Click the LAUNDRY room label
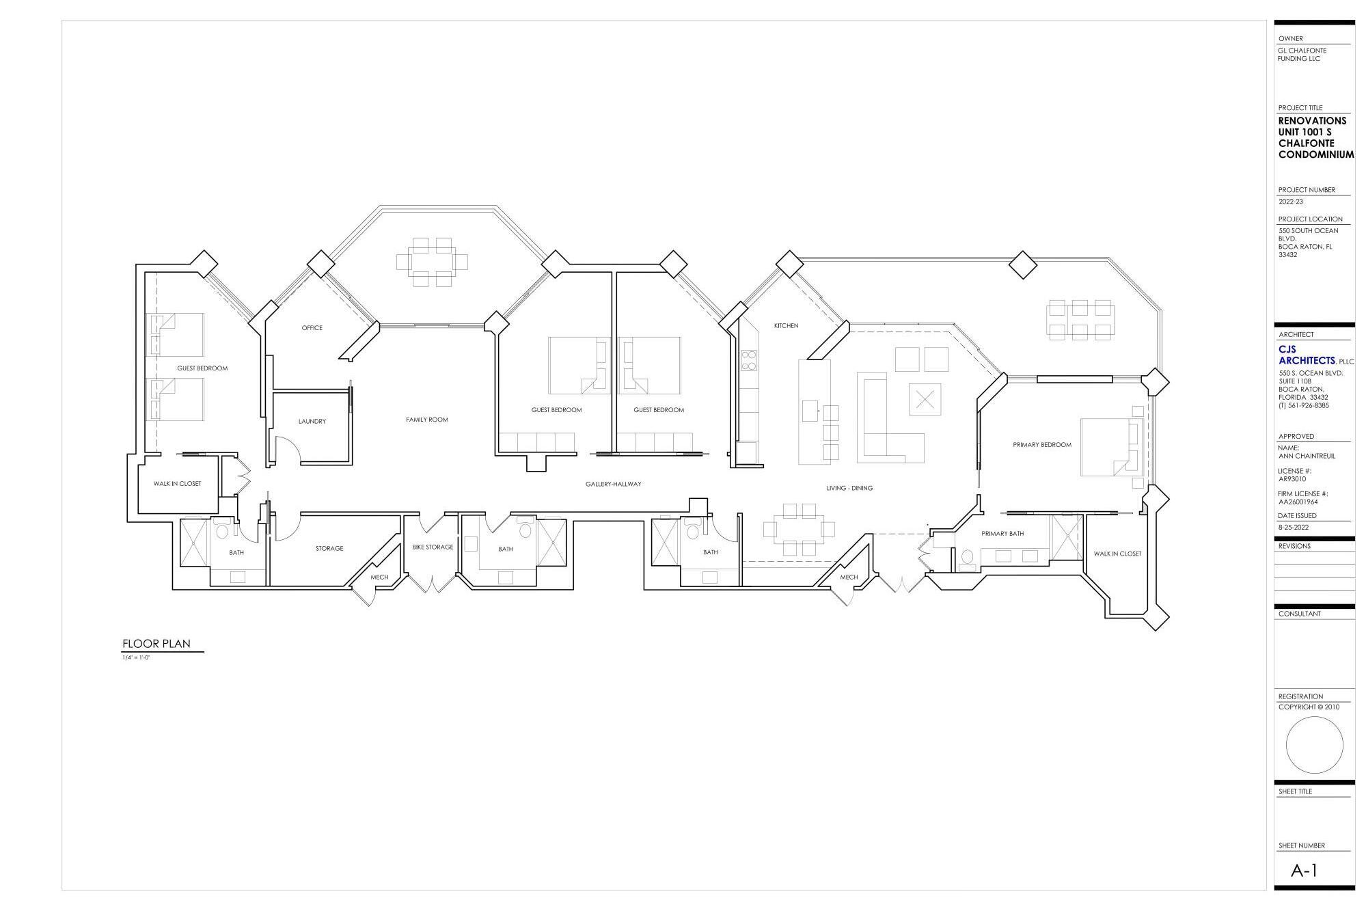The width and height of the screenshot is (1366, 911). (x=312, y=422)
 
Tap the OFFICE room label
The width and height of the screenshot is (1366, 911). (x=312, y=328)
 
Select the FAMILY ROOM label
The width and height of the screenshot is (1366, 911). (x=426, y=420)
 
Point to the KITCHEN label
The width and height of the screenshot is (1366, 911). (x=786, y=326)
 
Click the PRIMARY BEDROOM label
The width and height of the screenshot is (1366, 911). (x=1041, y=445)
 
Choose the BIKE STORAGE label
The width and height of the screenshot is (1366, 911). (x=433, y=547)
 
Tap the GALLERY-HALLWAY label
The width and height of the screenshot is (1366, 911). (x=613, y=485)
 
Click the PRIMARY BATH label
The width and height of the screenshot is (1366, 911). (x=1002, y=534)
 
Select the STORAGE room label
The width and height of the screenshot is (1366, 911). (x=329, y=549)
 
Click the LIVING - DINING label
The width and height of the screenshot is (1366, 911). (x=849, y=489)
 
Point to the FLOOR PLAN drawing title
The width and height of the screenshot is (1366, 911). (x=156, y=644)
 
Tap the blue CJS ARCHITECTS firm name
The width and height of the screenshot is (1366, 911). (x=1306, y=355)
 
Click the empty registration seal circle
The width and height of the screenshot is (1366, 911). (x=1313, y=745)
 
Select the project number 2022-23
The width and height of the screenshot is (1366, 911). (x=1291, y=202)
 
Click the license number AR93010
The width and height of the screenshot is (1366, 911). (x=1292, y=479)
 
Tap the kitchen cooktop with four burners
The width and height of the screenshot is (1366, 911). (x=749, y=360)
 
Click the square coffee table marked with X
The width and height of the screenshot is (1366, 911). (x=924, y=400)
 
